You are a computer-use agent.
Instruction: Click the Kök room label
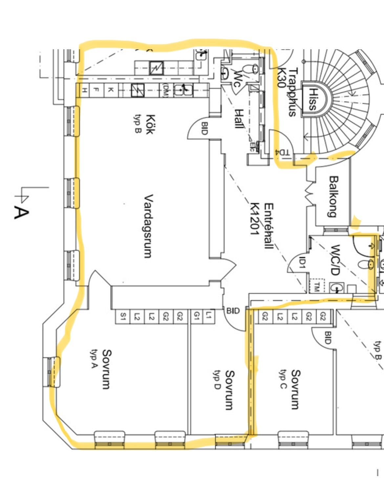tap(150, 124)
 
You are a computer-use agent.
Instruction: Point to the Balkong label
tap(333, 196)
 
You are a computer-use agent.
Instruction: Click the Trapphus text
tap(292, 92)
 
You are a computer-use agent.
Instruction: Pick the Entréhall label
tap(268, 226)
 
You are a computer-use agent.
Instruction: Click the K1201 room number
tap(255, 218)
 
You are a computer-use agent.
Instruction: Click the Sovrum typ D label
tap(229, 390)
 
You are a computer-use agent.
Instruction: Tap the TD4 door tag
tap(282, 152)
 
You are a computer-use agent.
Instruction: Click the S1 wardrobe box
tap(123, 317)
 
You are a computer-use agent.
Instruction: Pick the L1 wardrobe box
tap(208, 316)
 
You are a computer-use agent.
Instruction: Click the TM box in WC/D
tap(317, 287)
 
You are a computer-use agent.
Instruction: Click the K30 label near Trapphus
tap(282, 78)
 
